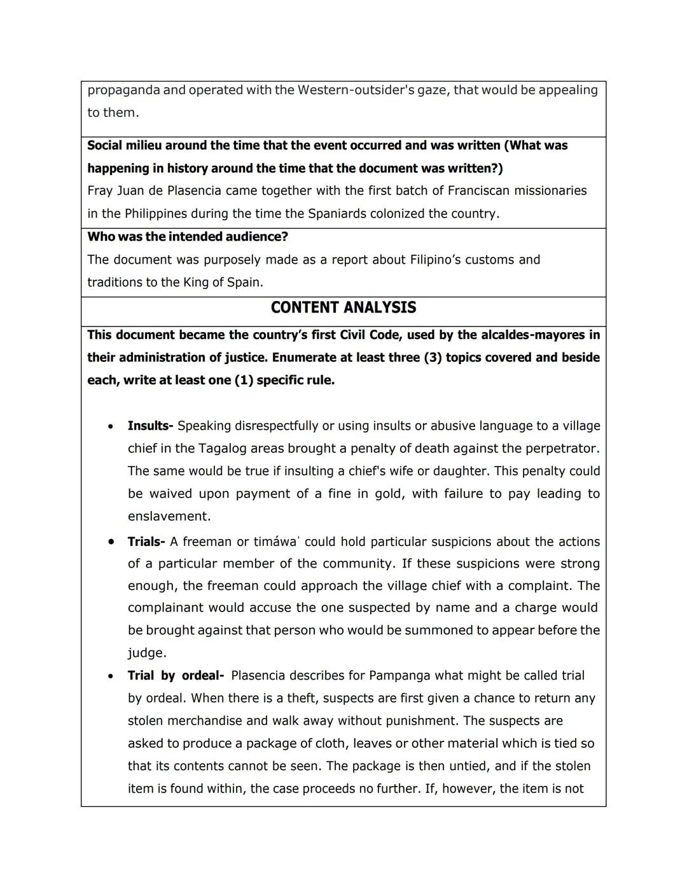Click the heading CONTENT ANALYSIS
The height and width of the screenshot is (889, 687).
343,308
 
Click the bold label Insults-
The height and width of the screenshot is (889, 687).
150,426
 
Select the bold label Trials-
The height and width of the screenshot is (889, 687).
146,542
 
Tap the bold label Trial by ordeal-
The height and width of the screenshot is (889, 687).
176,676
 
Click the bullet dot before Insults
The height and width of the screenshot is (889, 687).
111,426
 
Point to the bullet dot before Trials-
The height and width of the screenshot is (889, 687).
111,542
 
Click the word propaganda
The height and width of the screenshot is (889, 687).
123,90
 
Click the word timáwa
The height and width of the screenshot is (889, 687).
275,542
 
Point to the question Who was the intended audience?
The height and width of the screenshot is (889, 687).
188,237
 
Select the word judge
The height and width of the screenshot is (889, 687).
146,653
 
